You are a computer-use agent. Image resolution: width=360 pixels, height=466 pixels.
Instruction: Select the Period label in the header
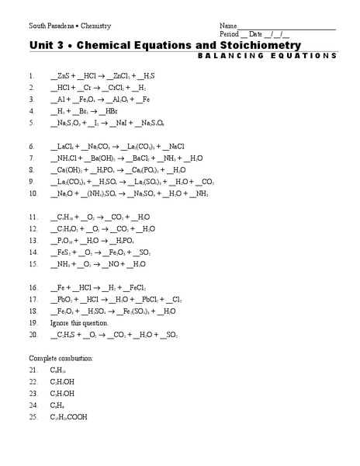coord(230,35)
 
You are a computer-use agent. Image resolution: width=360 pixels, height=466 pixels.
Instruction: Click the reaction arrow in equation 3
coord(116,100)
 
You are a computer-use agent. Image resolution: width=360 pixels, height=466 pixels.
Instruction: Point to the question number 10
coord(33,193)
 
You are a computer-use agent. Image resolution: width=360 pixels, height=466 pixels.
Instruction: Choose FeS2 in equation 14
coord(64,252)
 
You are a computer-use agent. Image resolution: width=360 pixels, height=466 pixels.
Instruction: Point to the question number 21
coord(33,370)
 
